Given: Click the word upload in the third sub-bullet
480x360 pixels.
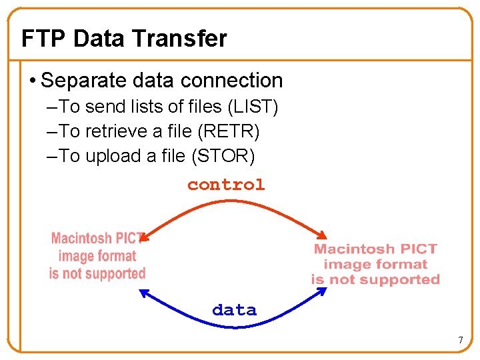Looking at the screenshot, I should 108,156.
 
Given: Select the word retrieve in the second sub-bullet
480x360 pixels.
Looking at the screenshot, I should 112,131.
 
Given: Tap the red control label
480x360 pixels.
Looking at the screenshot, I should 226,185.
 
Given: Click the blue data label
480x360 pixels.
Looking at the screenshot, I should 234,310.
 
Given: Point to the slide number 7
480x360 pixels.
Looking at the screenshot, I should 460,341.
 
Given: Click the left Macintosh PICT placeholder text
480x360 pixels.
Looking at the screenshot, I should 97,256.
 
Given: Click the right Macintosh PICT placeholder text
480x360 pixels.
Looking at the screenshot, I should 375,264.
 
